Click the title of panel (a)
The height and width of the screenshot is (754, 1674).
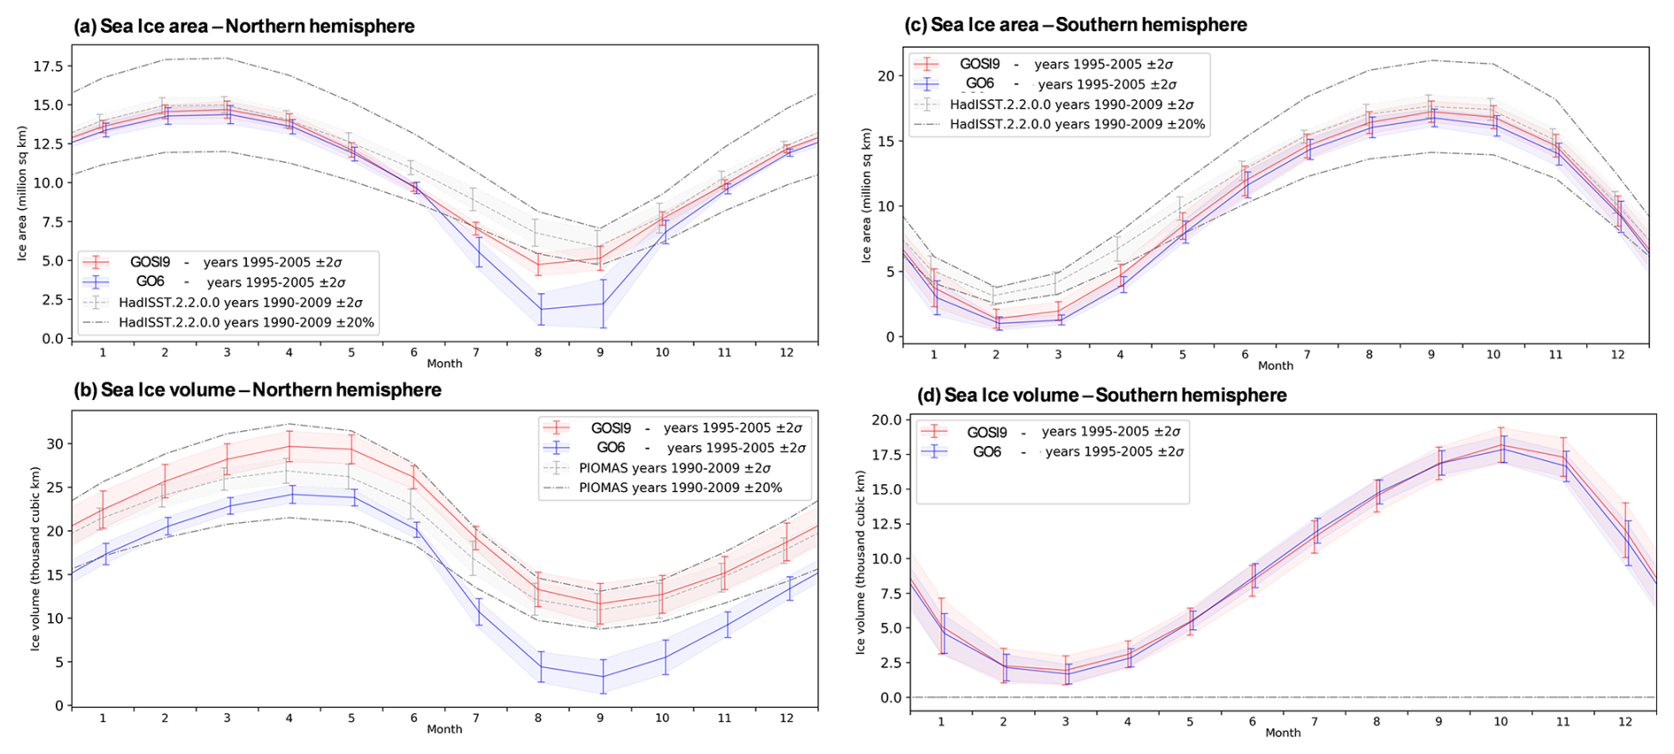244,27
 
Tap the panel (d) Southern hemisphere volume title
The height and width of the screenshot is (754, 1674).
1102,396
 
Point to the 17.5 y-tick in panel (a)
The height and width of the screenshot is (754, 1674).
48,66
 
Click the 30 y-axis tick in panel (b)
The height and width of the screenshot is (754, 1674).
54,444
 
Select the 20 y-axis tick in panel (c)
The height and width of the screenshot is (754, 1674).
886,76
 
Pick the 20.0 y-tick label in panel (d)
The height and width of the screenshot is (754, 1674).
886,420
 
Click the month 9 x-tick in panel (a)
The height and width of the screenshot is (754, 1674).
600,352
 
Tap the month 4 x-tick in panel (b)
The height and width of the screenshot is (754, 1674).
289,718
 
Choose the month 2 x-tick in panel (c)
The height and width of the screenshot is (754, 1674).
996,355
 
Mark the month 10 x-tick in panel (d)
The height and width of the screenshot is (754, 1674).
1501,721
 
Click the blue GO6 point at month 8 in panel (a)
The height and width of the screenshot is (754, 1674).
538,309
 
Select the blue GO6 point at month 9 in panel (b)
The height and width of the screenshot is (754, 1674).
601,677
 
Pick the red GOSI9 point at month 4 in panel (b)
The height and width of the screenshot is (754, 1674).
289,446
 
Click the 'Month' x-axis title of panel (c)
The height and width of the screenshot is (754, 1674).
1275,365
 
